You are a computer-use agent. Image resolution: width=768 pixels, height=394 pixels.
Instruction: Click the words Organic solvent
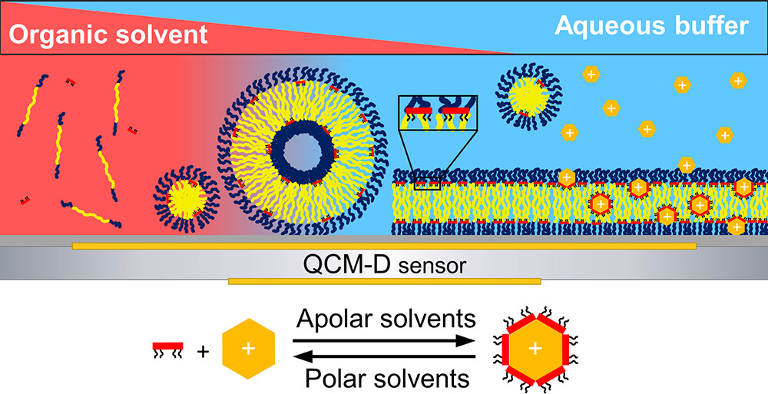click(x=108, y=35)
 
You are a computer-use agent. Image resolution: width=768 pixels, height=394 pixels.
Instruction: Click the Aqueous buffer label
click(x=650, y=26)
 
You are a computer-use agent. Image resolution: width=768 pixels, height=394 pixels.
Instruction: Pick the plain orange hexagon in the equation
click(x=248, y=349)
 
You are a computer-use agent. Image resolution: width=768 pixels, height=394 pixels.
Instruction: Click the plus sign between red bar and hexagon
click(x=203, y=352)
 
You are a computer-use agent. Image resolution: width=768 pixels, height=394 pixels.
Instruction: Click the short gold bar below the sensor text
click(x=384, y=282)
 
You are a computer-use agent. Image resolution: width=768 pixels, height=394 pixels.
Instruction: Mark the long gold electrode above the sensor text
click(x=384, y=246)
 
